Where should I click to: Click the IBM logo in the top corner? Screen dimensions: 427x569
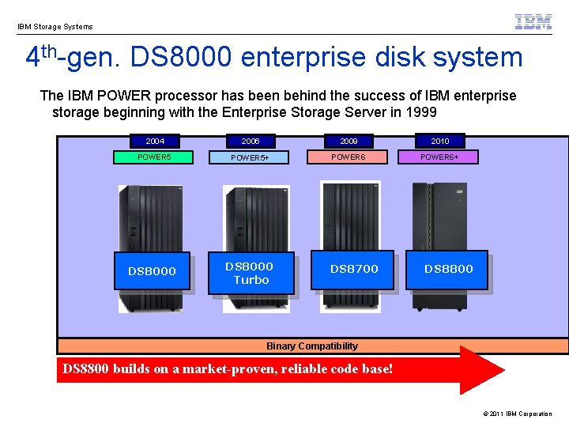pos(533,22)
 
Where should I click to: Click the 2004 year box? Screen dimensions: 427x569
pos(155,141)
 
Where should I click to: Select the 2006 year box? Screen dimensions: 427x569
pos(250,141)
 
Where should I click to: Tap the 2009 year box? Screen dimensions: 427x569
pos(349,141)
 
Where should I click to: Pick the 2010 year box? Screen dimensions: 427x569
pos(440,141)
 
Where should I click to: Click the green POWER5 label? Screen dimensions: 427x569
pos(154,157)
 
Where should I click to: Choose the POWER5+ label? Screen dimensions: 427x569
pos(250,158)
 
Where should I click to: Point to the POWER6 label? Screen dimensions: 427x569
pos(349,157)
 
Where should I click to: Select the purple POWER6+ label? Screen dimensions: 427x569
pos(439,157)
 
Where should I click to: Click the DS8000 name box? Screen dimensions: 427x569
pos(152,271)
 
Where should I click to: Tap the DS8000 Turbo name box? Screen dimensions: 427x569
pos(250,273)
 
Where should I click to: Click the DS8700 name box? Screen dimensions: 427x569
pos(354,269)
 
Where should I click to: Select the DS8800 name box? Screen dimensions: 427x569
pos(448,269)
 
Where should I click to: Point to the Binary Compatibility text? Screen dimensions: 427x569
pos(312,346)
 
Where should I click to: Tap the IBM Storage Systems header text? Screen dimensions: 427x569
pos(55,27)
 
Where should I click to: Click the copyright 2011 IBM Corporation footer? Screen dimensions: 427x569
pos(517,414)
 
